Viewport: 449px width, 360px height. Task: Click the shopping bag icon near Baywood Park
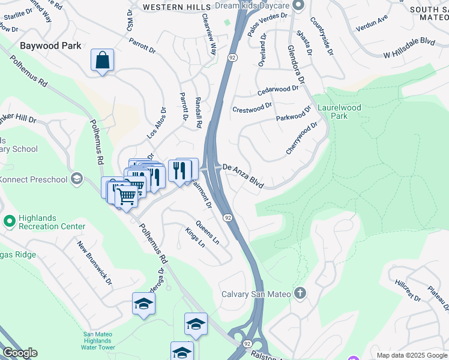click(x=103, y=61)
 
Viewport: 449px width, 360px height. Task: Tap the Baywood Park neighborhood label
click(x=50, y=46)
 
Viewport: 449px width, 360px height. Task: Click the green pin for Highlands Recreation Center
click(x=9, y=221)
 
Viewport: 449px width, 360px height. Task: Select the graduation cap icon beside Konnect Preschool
click(x=76, y=179)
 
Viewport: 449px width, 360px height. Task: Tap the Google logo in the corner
click(x=19, y=353)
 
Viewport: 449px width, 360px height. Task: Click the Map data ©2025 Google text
click(x=412, y=355)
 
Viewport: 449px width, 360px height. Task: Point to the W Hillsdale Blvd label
click(x=409, y=49)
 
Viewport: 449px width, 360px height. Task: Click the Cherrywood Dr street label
click(x=301, y=139)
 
